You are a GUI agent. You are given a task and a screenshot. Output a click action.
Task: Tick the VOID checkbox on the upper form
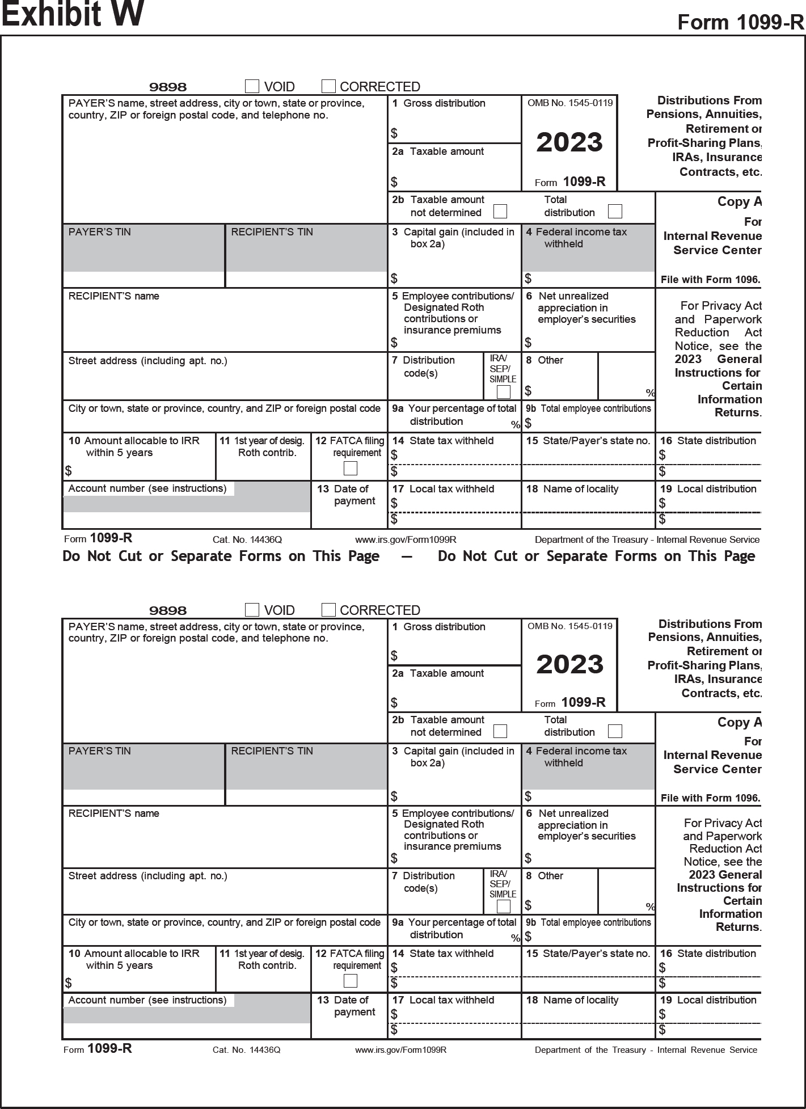pyautogui.click(x=252, y=86)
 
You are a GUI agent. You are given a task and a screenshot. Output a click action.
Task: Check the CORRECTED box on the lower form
pyautogui.click(x=328, y=610)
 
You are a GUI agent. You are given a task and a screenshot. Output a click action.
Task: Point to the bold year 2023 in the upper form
pyautogui.click(x=569, y=142)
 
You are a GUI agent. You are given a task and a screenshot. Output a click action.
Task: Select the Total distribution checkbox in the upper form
pyautogui.click(x=615, y=212)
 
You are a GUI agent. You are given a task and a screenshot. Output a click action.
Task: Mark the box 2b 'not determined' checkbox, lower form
pyautogui.click(x=500, y=731)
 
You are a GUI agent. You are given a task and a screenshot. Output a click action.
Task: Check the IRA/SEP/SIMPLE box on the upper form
pyautogui.click(x=503, y=392)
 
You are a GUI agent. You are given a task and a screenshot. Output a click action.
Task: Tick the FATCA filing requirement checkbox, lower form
pyautogui.click(x=351, y=981)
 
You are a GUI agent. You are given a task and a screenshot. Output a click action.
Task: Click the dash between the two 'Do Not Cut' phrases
pyautogui.click(x=406, y=556)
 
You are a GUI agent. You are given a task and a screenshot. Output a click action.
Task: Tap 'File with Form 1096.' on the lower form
pyautogui.click(x=710, y=798)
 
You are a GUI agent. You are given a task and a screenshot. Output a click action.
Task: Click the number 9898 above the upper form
pyautogui.click(x=168, y=87)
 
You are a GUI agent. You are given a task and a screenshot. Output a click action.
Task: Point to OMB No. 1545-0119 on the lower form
pyautogui.click(x=570, y=626)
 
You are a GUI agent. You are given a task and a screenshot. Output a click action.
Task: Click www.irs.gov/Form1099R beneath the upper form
pyautogui.click(x=406, y=540)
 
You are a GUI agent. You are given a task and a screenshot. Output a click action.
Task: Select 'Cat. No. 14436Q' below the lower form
pyautogui.click(x=247, y=1050)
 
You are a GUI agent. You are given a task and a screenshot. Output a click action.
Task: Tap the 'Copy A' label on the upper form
pyautogui.click(x=739, y=202)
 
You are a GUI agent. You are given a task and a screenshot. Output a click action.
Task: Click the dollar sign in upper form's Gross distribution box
pyautogui.click(x=394, y=134)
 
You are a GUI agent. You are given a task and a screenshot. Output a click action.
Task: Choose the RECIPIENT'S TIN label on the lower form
pyautogui.click(x=272, y=751)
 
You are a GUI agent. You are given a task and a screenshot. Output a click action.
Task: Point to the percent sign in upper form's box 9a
pyautogui.click(x=515, y=424)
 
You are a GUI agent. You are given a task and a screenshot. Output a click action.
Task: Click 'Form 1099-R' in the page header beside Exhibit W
pyautogui.click(x=741, y=23)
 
